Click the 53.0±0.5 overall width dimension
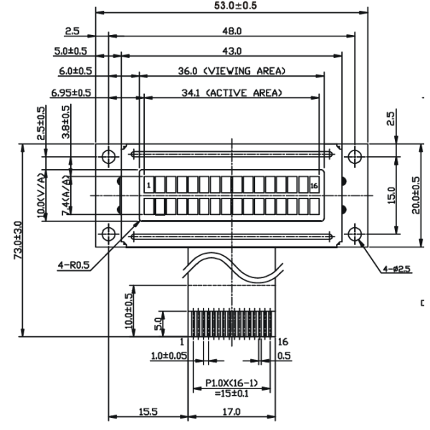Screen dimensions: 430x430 tap(235, 6)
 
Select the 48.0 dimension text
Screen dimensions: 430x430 tap(232, 32)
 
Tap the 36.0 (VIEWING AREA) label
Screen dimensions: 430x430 tap(231, 71)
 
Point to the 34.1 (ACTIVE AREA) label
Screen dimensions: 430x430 tap(231, 93)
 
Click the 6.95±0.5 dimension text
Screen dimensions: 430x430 tap(71, 93)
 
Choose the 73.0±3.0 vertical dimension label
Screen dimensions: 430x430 tap(19, 240)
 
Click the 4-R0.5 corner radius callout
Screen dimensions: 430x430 tap(74, 265)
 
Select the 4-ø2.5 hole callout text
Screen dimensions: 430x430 tap(397, 269)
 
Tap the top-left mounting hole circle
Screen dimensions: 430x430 tap(109, 157)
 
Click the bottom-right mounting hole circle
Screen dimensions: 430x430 tap(355, 234)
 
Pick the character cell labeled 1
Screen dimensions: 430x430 tap(149, 185)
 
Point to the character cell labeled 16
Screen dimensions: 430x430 tap(315, 185)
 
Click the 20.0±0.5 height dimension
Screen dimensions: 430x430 tap(416, 195)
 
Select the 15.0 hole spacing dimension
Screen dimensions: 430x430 tap(391, 195)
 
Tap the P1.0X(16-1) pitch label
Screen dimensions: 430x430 tap(231, 383)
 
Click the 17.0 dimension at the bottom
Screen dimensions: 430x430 tap(231, 412)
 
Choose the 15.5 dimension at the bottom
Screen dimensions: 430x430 tap(148, 412)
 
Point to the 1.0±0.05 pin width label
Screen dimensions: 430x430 tap(169, 356)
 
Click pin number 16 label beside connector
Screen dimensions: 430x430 tap(283, 342)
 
